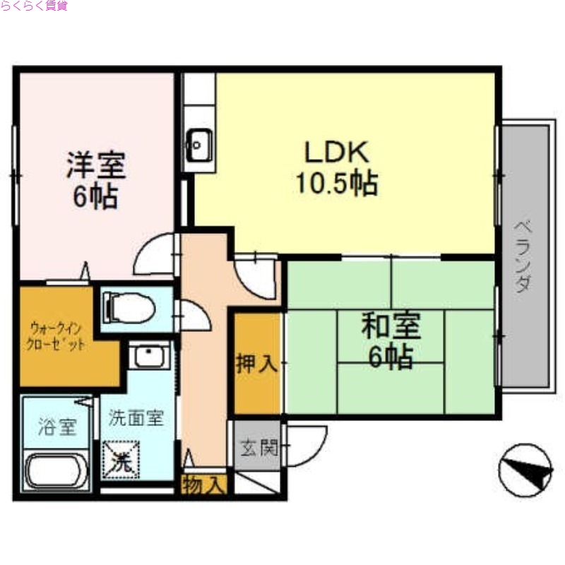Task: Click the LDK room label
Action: tap(336, 152)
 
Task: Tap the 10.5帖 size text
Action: tap(336, 184)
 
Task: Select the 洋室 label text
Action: tap(96, 165)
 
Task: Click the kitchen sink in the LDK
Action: tap(198, 146)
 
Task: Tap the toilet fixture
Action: tap(129, 309)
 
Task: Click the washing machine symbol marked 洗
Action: tap(121, 461)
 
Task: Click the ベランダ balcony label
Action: tap(523, 257)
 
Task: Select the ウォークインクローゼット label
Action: tap(59, 337)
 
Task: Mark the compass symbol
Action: tap(525, 470)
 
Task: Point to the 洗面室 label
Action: tap(136, 418)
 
